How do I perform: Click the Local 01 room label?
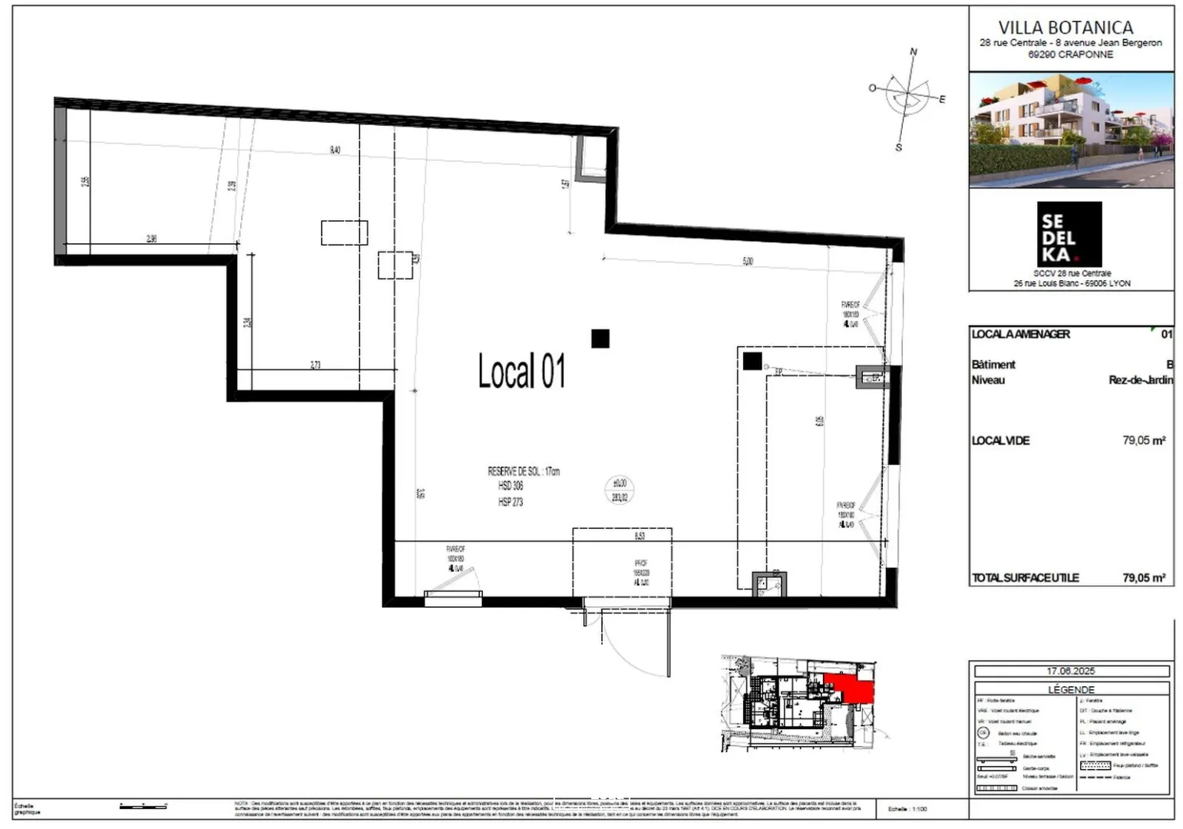click(x=521, y=372)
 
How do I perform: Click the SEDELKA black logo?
click(x=1069, y=234)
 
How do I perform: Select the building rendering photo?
click(x=1071, y=130)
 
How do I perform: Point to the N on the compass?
click(x=914, y=52)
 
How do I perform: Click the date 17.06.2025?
click(x=1071, y=671)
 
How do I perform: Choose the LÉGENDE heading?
click(x=1071, y=689)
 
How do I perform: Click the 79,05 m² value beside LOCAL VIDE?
click(x=1143, y=441)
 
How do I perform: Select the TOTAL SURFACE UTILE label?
click(x=1025, y=578)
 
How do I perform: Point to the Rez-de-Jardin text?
click(x=1141, y=380)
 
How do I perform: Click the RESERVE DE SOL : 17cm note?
click(x=524, y=471)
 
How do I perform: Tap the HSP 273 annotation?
click(x=511, y=502)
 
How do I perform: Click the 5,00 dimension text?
click(x=748, y=262)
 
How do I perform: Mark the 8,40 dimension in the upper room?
click(x=335, y=150)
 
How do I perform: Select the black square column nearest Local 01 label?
click(x=600, y=339)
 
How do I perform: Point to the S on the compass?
click(x=898, y=147)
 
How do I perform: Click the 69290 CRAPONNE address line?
click(x=1070, y=54)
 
